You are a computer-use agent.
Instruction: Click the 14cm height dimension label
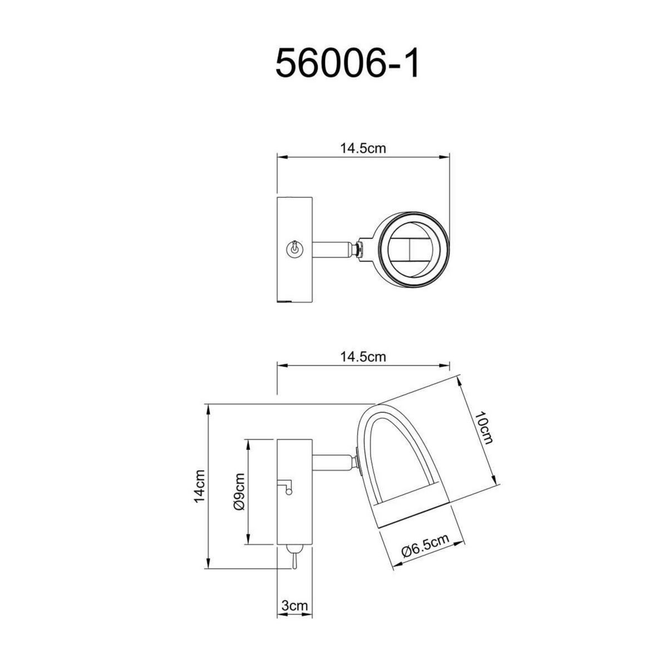point(200,486)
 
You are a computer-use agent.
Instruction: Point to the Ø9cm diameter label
point(239,492)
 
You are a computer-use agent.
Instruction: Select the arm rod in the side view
point(332,461)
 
